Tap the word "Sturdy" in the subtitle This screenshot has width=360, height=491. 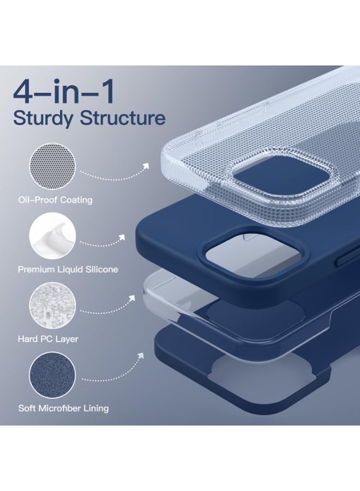44,117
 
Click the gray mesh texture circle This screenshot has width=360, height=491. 52,166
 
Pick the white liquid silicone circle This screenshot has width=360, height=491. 52,235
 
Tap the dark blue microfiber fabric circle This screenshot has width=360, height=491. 52,374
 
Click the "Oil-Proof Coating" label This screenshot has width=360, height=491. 55,200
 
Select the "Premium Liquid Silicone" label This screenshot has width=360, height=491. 68,270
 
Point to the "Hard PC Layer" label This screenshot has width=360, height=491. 48,339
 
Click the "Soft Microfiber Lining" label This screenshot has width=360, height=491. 63,408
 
